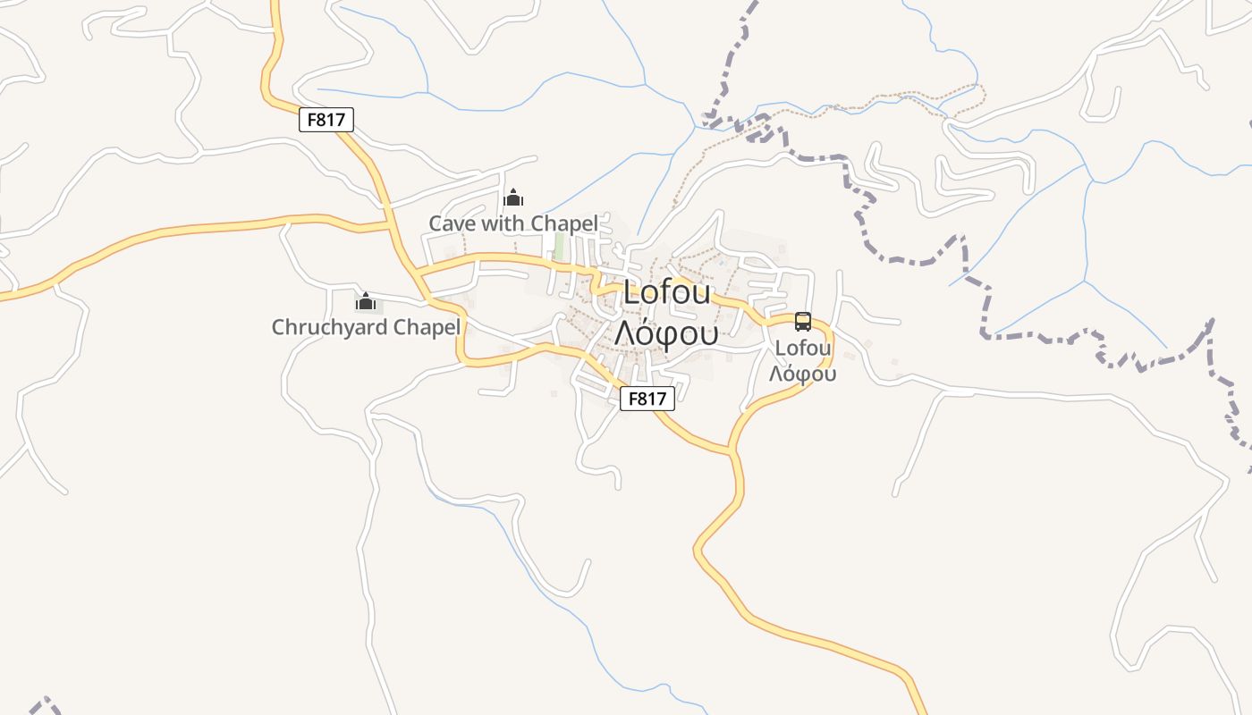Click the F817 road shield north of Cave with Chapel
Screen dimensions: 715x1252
pyautogui.click(x=326, y=120)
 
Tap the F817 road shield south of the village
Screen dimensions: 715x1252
pyautogui.click(x=647, y=399)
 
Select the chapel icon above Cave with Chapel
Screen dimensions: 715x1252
pyautogui.click(x=513, y=198)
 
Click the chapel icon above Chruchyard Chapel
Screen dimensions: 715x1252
pyautogui.click(x=365, y=301)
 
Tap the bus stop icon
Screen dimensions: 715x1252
pyautogui.click(x=803, y=322)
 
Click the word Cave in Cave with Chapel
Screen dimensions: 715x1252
pyautogui.click(x=453, y=223)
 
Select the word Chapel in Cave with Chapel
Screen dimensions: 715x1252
pyautogui.click(x=564, y=223)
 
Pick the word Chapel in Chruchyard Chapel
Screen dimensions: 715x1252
pyautogui.click(x=428, y=327)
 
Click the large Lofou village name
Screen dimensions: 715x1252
pyautogui.click(x=667, y=293)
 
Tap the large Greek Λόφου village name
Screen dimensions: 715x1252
pyautogui.click(x=666, y=332)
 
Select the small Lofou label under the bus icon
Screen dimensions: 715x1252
pyautogui.click(x=803, y=348)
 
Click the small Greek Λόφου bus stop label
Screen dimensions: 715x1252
pyautogui.click(x=803, y=374)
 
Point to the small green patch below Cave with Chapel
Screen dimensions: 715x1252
pyautogui.click(x=559, y=247)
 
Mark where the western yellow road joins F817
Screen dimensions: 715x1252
pyautogui.click(x=390, y=223)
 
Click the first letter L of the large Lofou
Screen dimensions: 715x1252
pyautogui.click(x=632, y=293)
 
